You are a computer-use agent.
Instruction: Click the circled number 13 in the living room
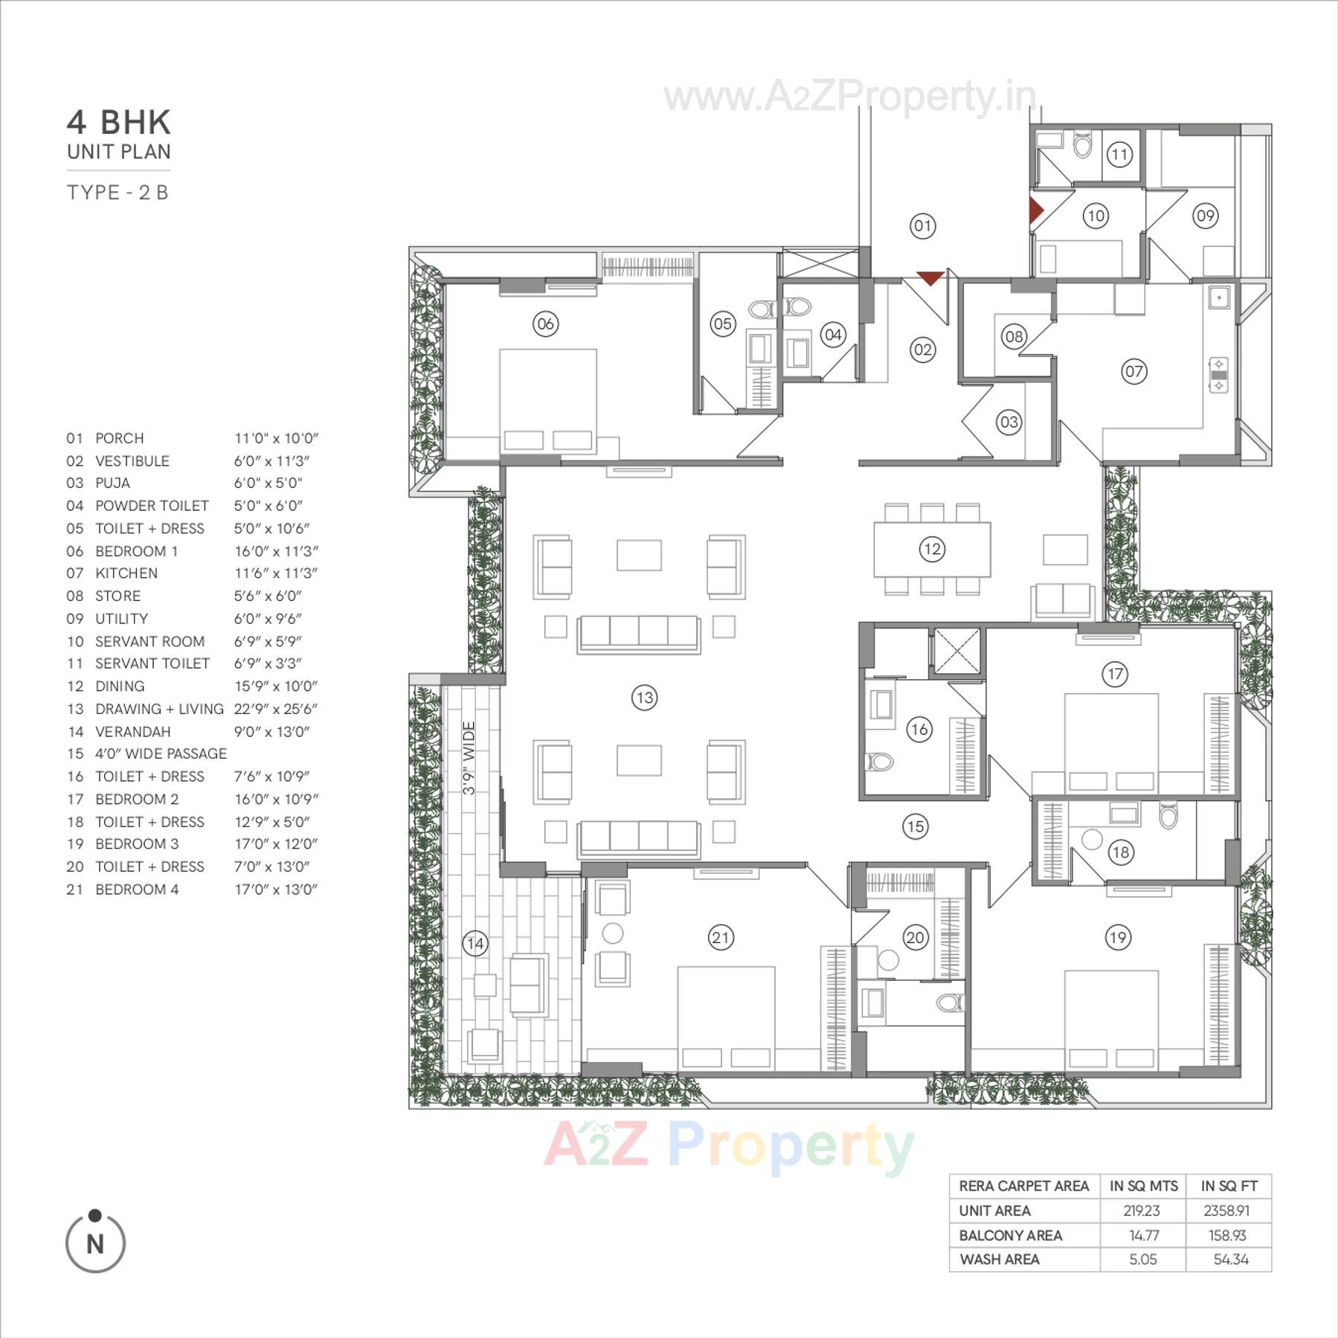tap(644, 698)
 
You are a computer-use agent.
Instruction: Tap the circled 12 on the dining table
tap(931, 549)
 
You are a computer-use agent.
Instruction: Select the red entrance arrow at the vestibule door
tap(930, 279)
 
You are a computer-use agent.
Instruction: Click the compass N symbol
tap(95, 1243)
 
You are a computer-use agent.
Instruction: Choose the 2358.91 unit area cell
tap(1226, 1211)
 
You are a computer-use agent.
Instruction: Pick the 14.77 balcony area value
tap(1143, 1235)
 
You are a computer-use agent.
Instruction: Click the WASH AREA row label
tap(1000, 1259)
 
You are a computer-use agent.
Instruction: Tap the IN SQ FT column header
tap(1229, 1186)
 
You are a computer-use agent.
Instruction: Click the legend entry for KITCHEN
tap(126, 573)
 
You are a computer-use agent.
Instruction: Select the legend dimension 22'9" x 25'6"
tap(275, 709)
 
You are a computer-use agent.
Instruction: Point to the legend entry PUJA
tap(112, 483)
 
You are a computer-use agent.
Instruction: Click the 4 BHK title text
tap(119, 123)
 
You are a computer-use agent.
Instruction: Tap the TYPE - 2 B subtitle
tap(118, 193)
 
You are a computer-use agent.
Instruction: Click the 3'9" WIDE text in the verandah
tap(469, 758)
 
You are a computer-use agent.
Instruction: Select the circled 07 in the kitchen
tap(1133, 371)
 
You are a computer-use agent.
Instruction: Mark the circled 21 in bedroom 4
tap(721, 937)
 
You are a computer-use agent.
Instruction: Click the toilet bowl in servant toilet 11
tap(1083, 145)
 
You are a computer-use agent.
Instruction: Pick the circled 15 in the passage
tap(915, 826)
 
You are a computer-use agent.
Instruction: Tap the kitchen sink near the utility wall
tap(1219, 297)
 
